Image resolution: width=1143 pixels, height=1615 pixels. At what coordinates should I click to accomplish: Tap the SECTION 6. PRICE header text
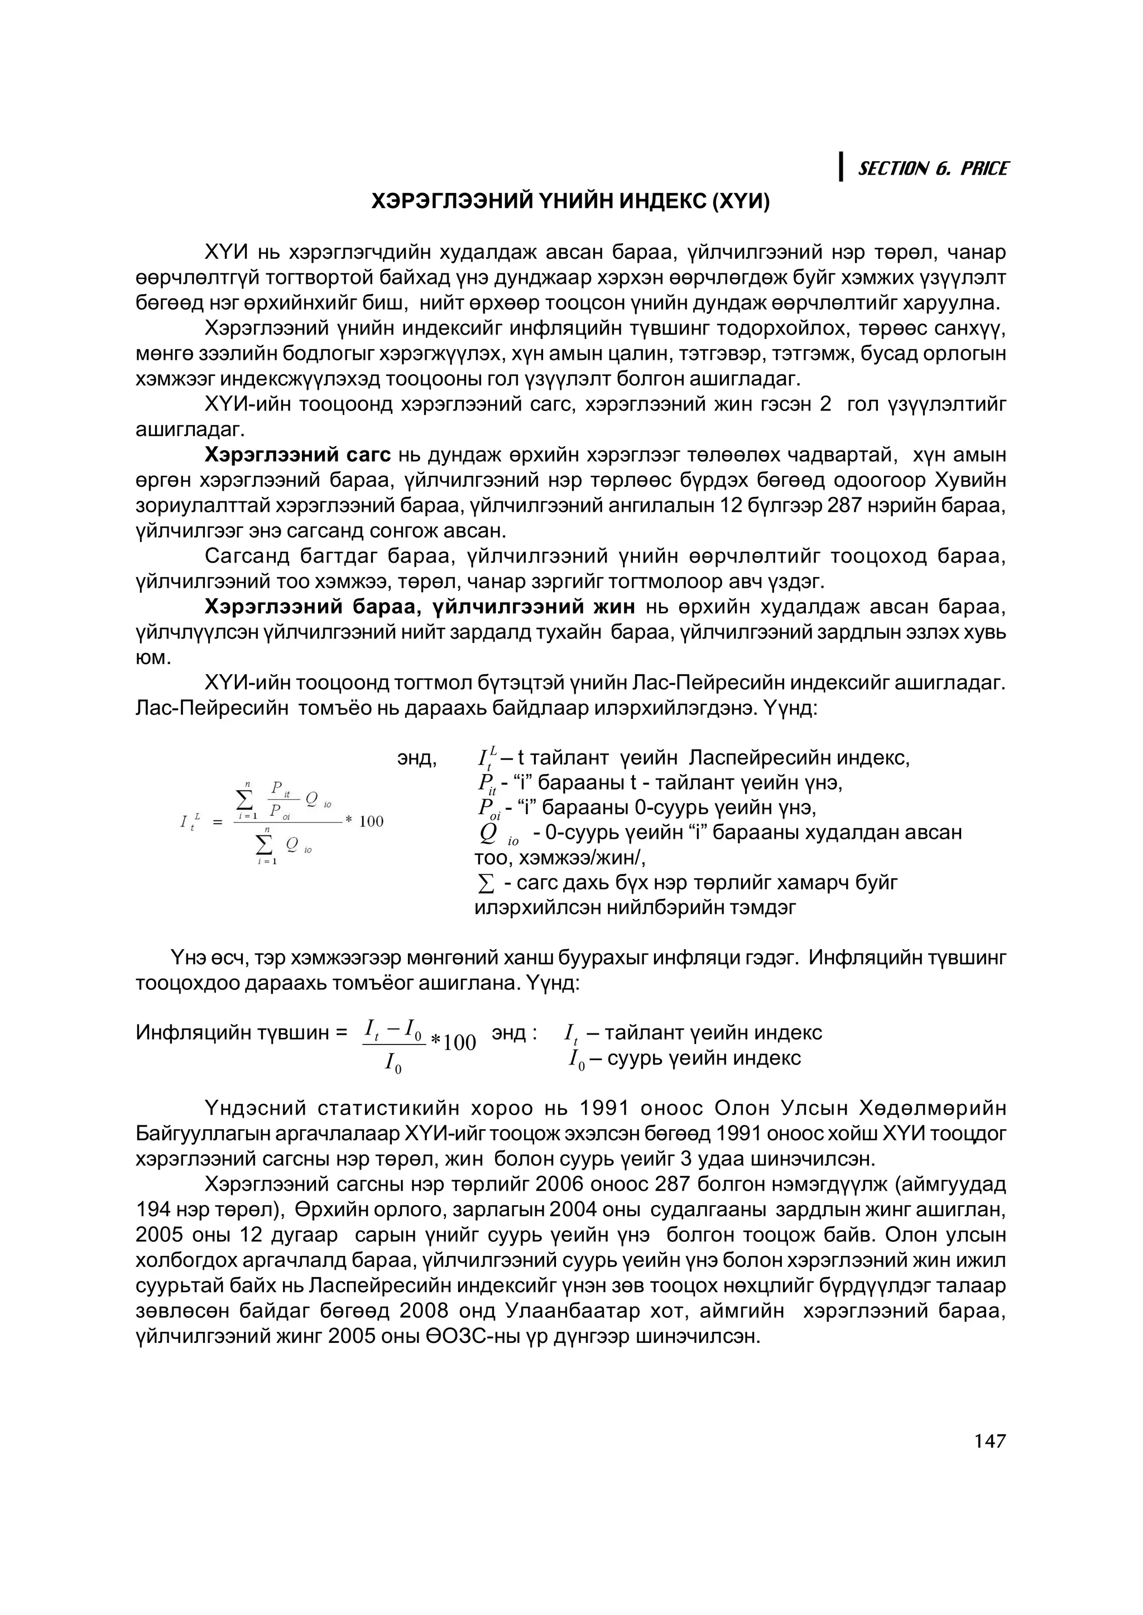(933, 169)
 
